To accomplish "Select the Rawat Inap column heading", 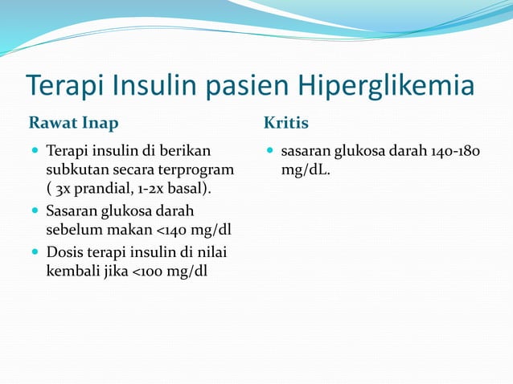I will [x=73, y=123].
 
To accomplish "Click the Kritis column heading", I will [x=285, y=123].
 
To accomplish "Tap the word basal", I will [x=194, y=190].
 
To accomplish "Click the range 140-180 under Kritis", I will [x=456, y=150].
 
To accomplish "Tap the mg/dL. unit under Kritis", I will [x=302, y=170].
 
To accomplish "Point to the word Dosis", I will [x=66, y=251].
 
